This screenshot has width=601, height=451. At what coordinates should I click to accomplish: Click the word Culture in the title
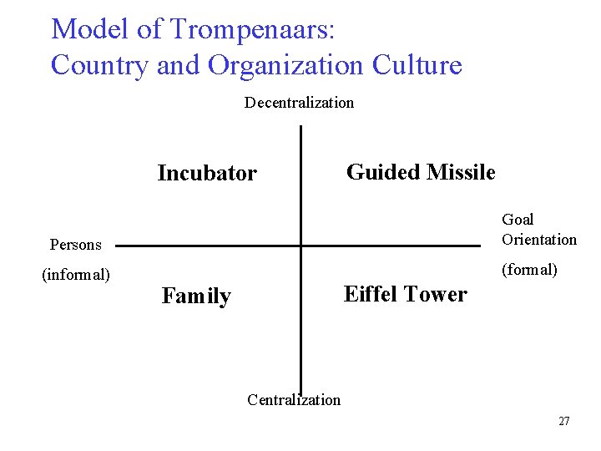(417, 64)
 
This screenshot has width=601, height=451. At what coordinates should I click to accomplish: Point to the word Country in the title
(100, 64)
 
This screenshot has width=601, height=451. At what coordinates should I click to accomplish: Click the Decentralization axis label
(299, 103)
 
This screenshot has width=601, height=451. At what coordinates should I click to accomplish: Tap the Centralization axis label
(294, 399)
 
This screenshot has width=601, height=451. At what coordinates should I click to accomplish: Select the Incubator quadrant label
(207, 173)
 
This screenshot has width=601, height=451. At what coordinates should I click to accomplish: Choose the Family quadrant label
(196, 296)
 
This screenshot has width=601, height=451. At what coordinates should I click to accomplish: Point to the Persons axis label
(75, 245)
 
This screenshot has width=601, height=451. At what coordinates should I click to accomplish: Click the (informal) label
(76, 274)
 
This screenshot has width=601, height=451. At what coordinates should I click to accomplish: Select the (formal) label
(529, 270)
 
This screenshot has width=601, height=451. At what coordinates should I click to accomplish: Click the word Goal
(518, 219)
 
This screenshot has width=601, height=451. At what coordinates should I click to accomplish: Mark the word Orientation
(539, 240)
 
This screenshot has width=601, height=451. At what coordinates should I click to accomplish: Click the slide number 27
(564, 421)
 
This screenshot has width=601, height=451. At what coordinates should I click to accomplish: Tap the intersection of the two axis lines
(300, 246)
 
